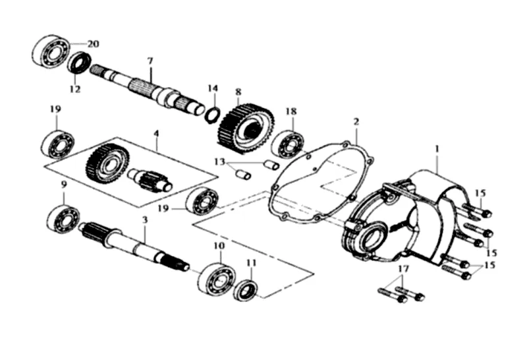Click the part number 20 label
tap(94, 44)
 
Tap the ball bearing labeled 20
tap(51, 51)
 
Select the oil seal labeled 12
tap(79, 63)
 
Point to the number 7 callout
tap(150, 61)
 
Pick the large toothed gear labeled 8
tap(246, 129)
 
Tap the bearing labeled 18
tap(287, 144)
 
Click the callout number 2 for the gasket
tap(356, 121)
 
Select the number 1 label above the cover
tap(437, 148)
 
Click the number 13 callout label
tap(219, 162)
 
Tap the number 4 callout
tap(156, 133)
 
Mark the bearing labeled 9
tap(63, 218)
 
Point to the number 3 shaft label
tap(145, 220)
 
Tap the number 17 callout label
tap(404, 269)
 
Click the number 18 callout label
tap(291, 111)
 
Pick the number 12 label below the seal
tap(75, 89)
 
